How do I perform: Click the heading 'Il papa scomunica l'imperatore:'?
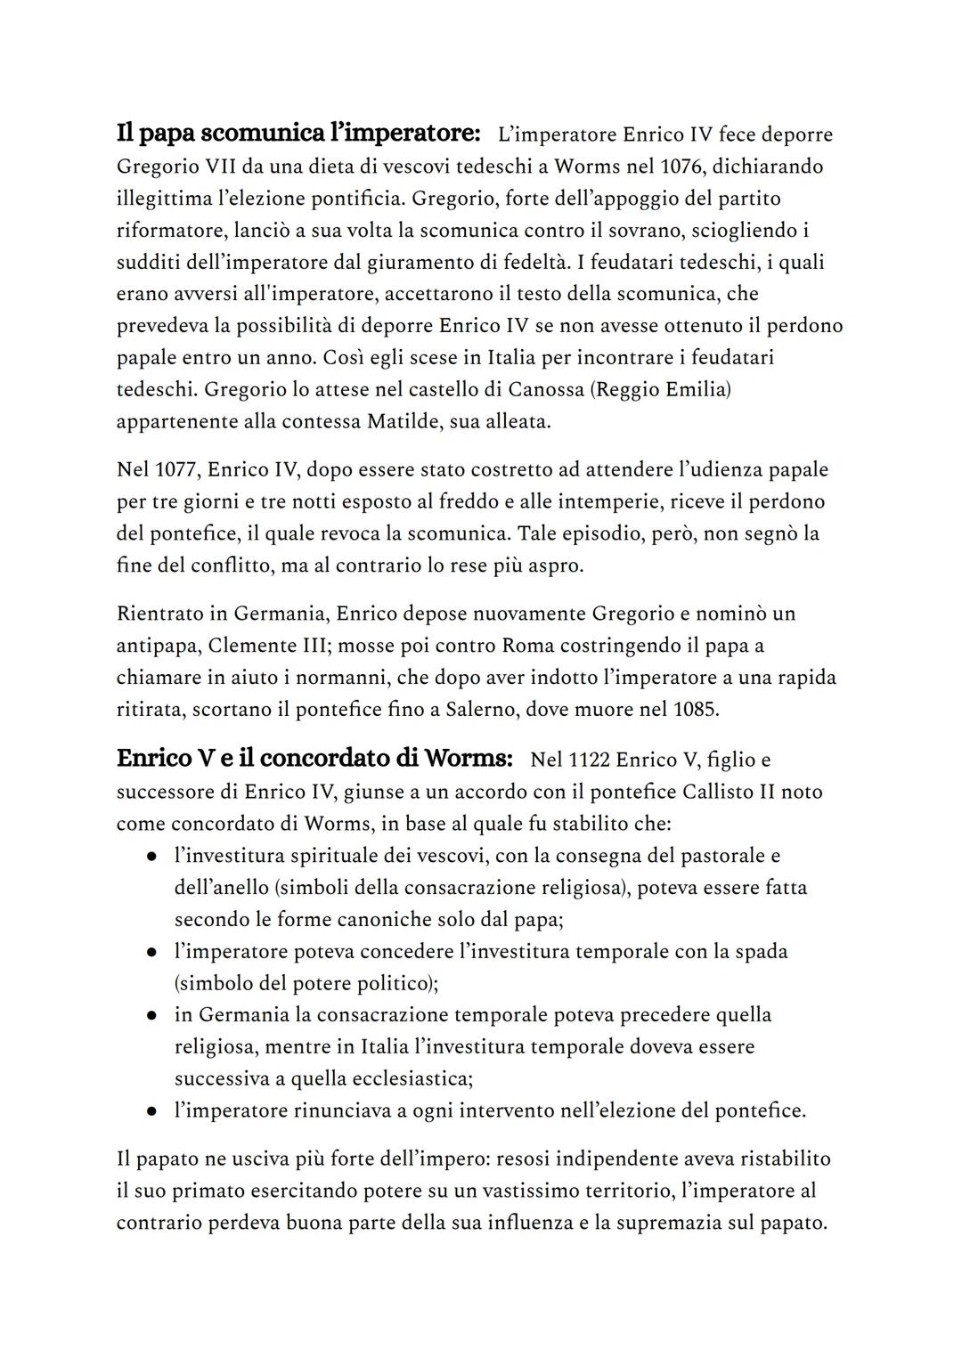(x=298, y=134)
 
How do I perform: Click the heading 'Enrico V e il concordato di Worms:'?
(x=314, y=759)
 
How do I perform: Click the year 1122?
(x=588, y=760)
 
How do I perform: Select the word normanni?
(x=342, y=678)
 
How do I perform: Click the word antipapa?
(x=158, y=646)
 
